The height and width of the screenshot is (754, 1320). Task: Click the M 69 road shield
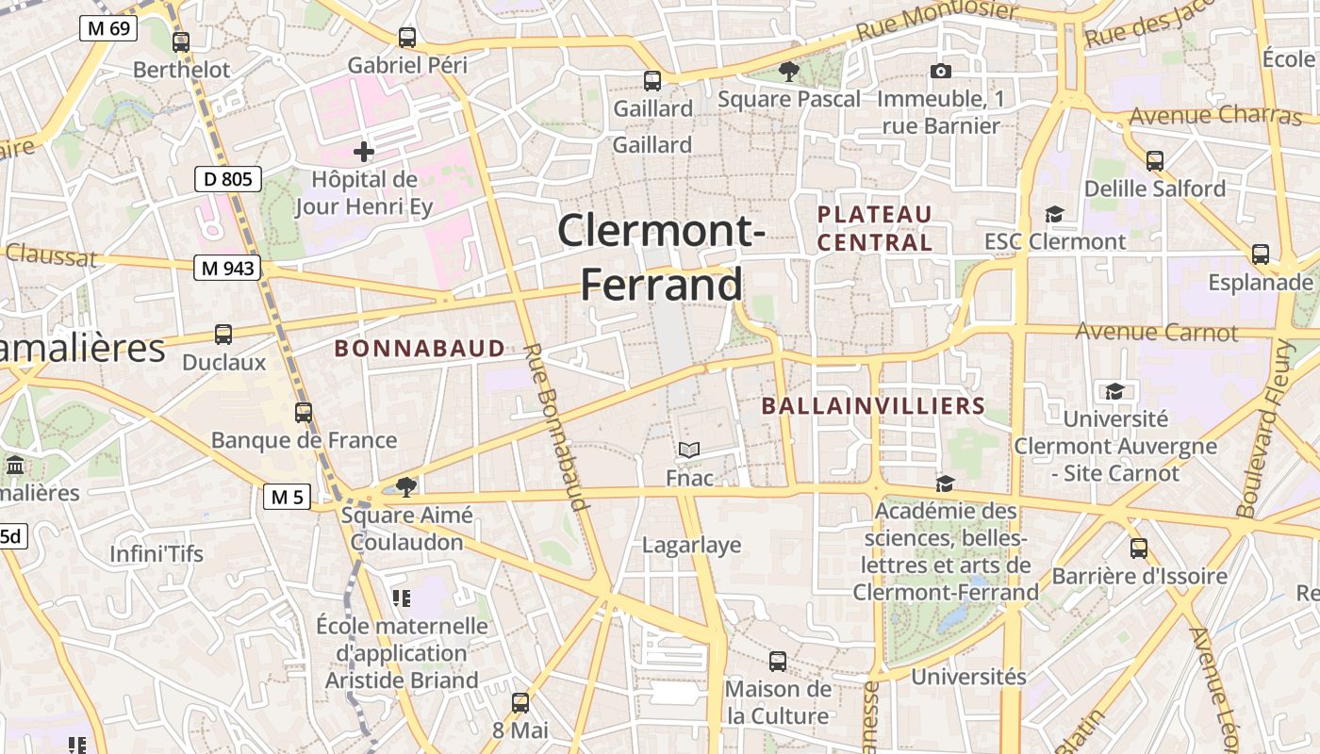107,28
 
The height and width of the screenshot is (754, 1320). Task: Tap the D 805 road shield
227,178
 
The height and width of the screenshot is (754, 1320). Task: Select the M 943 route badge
227,269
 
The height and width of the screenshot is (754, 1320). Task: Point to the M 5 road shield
287,497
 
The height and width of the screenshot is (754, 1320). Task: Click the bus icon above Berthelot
181,41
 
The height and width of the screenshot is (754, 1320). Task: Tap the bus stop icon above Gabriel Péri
407,38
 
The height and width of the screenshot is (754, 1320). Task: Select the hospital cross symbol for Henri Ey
364,151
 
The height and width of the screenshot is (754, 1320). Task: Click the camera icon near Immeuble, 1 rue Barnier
940,72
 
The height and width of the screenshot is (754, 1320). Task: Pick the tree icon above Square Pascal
788,71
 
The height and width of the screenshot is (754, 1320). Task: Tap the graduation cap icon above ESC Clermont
1054,214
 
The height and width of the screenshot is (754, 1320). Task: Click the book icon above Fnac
689,451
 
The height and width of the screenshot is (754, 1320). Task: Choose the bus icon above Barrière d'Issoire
1139,548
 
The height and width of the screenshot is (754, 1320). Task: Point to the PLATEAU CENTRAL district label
874,228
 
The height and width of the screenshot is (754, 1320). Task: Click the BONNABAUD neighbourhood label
420,349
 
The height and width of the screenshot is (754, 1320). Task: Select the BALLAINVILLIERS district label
872,406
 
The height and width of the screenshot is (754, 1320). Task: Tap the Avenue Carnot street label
1157,332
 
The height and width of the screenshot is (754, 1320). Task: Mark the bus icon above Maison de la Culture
778,661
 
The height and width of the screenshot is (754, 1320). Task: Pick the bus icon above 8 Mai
520,702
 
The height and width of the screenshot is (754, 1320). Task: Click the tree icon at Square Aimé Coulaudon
406,486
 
